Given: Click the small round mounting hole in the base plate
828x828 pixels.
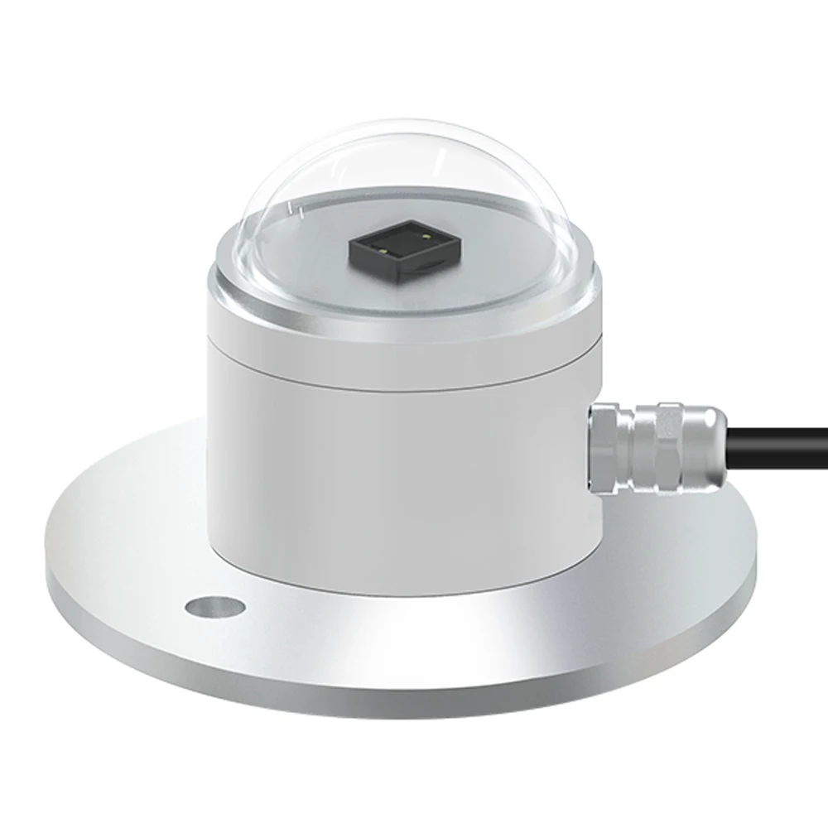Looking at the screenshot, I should point(215,607).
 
